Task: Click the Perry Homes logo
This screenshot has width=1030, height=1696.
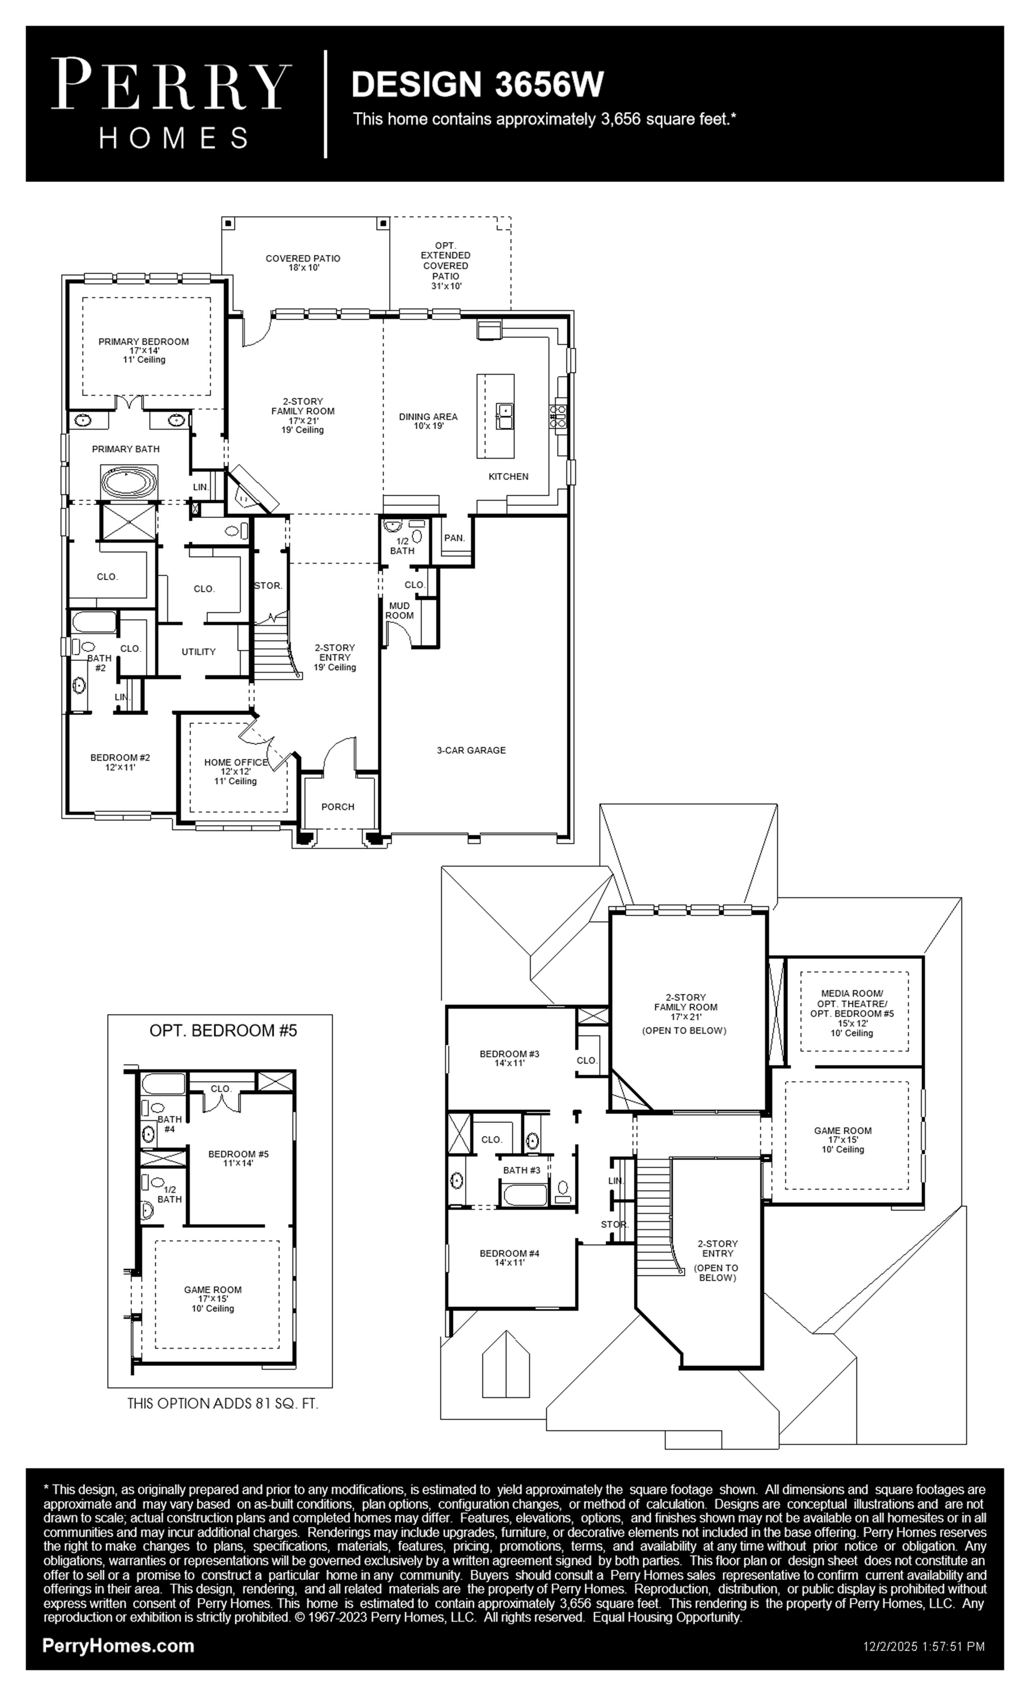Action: [171, 103]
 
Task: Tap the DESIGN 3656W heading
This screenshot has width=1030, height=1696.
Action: [477, 85]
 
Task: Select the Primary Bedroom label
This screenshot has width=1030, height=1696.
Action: [143, 341]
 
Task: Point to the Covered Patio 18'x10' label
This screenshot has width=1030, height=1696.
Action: [303, 263]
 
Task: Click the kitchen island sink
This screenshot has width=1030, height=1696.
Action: [504, 416]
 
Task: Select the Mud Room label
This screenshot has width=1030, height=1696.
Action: [399, 611]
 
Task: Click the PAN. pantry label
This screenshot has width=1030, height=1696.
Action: [454, 537]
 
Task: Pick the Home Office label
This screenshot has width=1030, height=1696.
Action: [235, 762]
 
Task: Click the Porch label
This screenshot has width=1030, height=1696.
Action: [338, 807]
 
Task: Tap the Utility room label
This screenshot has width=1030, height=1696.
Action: [198, 652]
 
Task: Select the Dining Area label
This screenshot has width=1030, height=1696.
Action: [428, 416]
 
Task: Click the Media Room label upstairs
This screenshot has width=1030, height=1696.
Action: [852, 993]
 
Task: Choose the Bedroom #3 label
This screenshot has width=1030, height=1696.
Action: [509, 1054]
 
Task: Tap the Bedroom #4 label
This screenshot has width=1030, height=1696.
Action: [509, 1253]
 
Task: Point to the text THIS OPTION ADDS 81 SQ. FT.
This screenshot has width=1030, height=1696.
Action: [223, 1404]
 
